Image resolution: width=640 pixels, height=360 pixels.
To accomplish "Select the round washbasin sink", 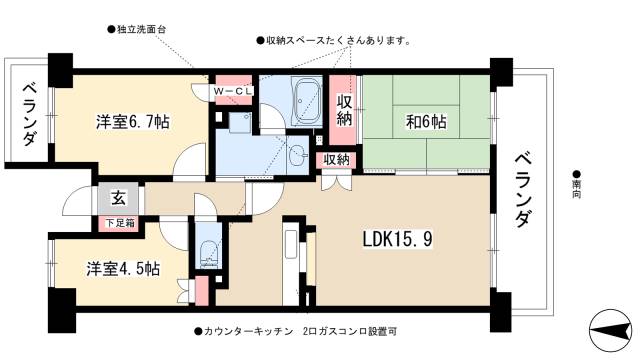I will pos(297,156).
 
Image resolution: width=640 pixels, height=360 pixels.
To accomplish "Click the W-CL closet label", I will pos(233,91).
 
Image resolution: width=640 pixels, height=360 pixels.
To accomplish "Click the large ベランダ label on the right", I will pos(523,191).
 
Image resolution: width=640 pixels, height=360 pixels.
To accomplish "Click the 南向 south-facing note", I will pos(577,185).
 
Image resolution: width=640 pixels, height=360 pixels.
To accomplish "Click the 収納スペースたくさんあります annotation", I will pos(334,40).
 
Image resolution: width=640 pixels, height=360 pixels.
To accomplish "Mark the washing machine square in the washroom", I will pos(240,123).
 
